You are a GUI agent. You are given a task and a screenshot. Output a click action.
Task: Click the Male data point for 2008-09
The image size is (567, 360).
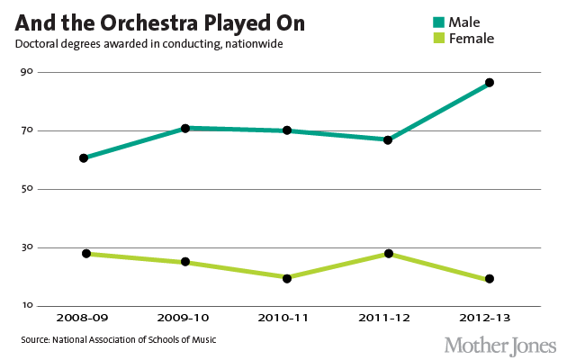click(84, 158)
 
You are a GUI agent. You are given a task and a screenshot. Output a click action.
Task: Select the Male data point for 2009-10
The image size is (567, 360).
click(185, 129)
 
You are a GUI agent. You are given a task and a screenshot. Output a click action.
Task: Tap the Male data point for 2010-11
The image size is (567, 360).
click(287, 130)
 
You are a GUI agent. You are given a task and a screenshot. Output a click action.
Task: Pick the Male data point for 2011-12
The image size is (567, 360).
click(388, 139)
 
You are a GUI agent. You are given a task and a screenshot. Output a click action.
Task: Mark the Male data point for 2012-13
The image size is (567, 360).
click(490, 83)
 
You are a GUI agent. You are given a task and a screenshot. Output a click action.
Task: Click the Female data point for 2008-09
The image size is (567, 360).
click(86, 254)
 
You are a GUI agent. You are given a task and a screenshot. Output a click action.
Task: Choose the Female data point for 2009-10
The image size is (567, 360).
click(185, 262)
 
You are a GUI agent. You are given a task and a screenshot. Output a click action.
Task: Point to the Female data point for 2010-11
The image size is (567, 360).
click(287, 278)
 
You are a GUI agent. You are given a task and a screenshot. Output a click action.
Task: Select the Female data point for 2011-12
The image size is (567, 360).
click(388, 254)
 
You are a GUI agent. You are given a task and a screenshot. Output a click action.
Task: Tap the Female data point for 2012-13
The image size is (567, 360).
click(490, 279)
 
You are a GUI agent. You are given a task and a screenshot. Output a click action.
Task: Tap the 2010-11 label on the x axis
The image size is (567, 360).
click(287, 318)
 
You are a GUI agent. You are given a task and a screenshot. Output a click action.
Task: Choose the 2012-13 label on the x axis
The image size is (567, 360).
click(490, 318)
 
